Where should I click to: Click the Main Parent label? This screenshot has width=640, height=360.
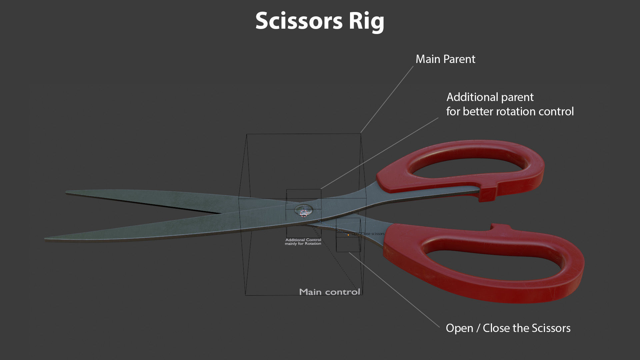445,59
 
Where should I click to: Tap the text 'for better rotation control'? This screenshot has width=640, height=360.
510,111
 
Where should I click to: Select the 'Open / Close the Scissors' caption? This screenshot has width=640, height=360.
508,328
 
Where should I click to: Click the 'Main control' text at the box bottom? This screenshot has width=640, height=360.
329,292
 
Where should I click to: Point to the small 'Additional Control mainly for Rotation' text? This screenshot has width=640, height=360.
303,242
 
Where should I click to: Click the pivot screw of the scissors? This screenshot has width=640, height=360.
304,211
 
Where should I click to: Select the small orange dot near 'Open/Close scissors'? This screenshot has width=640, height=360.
348,235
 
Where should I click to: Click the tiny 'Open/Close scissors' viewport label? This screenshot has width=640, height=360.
368,234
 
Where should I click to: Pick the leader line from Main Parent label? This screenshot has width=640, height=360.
387,99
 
